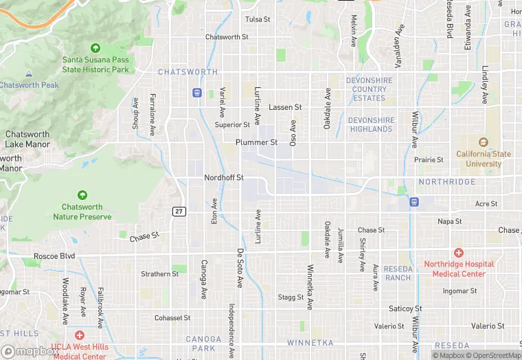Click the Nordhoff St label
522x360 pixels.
(224, 178)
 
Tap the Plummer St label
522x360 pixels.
(256, 143)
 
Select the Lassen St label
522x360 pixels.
(285, 108)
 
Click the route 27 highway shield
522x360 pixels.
(178, 211)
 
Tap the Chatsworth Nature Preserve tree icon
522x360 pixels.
(82, 196)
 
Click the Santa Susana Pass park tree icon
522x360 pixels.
(95, 48)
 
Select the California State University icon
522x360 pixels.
(484, 143)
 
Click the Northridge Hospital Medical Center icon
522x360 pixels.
(458, 254)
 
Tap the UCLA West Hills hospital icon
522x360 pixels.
(80, 336)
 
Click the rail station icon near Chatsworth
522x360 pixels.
(197, 92)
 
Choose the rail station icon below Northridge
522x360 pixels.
(414, 201)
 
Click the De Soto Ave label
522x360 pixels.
(240, 268)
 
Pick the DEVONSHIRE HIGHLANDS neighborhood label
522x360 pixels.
(371, 124)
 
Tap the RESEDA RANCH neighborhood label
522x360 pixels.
(398, 273)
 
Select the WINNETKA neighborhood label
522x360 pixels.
(310, 342)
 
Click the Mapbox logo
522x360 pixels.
(30, 351)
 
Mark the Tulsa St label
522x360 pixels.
(258, 19)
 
